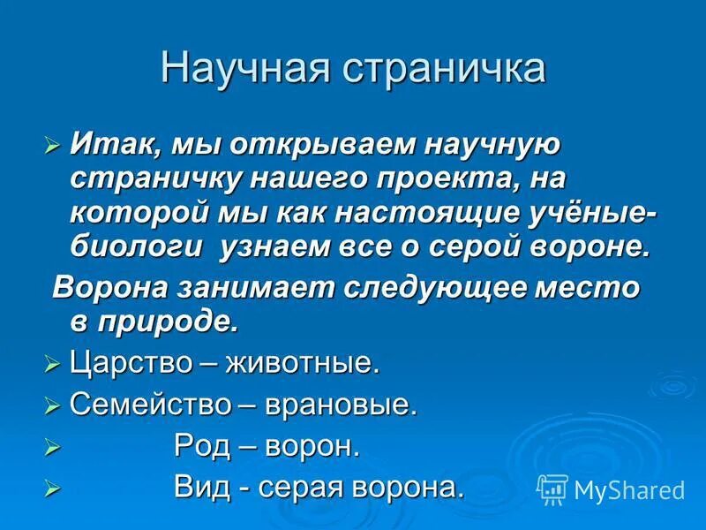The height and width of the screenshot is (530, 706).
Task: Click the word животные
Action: click(303, 362)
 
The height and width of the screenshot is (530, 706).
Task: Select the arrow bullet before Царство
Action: click(52, 363)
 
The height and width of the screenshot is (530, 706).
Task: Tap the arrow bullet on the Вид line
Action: click(52, 488)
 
